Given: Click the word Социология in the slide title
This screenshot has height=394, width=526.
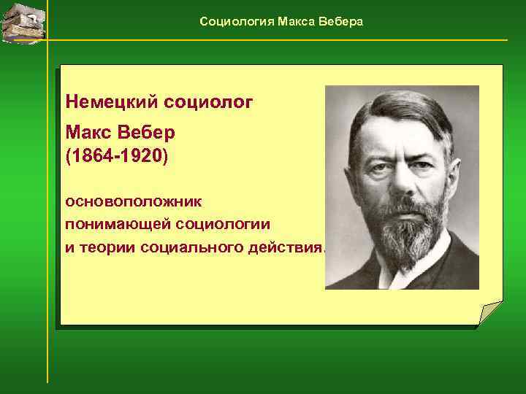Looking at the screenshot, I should click(x=236, y=22).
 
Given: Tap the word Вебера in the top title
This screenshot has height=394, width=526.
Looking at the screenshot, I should click(x=341, y=22).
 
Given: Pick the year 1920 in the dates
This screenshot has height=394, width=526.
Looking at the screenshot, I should click(x=141, y=156).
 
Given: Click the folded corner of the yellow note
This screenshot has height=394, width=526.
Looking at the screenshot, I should click(x=490, y=312).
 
